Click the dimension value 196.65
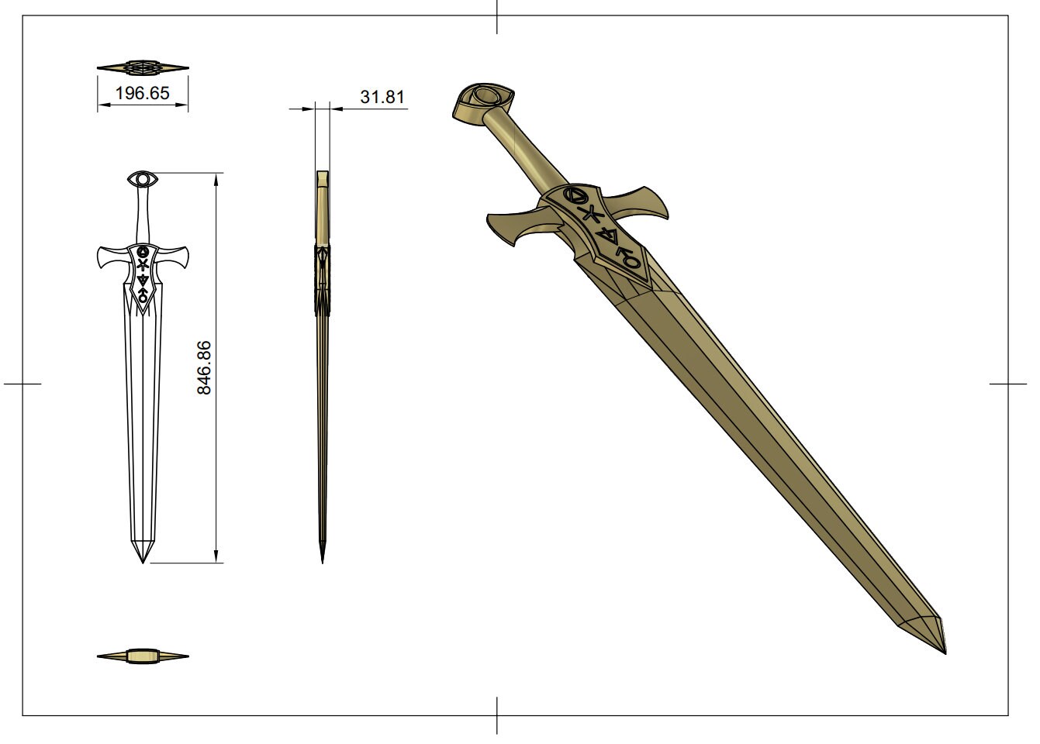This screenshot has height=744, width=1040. [142, 94]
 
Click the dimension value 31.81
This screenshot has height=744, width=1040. [382, 97]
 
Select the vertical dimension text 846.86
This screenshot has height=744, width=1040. [204, 367]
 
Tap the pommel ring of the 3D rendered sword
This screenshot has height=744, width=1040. [485, 98]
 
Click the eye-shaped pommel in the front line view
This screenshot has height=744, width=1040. [143, 180]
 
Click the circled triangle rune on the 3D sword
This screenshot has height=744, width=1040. [575, 195]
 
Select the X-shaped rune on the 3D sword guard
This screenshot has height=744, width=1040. [592, 213]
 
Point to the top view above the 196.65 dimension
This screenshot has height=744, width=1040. [143, 67]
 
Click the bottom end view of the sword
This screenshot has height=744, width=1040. [143, 657]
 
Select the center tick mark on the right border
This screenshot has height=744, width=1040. [1008, 384]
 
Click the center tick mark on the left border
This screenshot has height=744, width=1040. [22, 384]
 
